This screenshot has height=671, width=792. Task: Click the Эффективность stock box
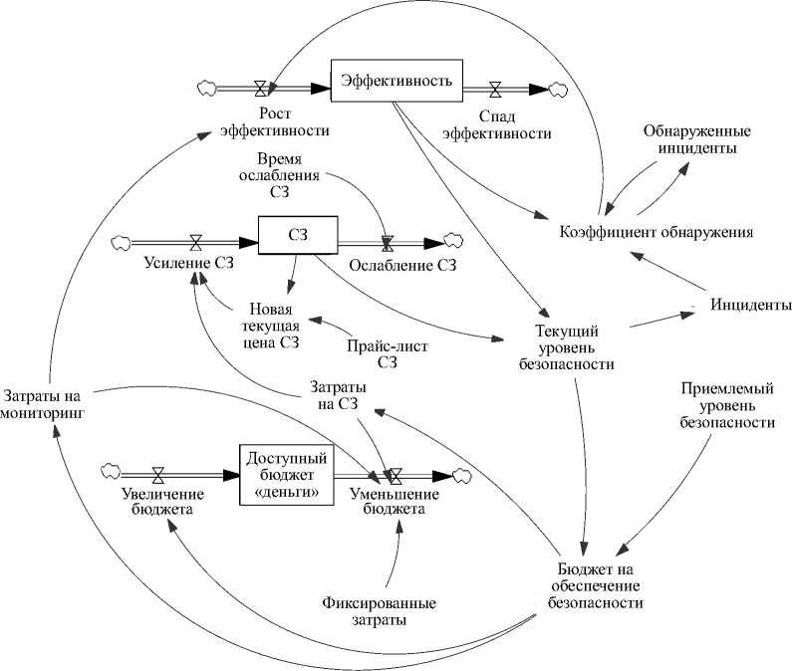click(396, 79)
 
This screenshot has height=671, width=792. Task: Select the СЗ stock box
click(298, 237)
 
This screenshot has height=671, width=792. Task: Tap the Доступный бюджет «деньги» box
click(285, 476)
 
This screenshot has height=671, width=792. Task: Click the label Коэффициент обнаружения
click(656, 232)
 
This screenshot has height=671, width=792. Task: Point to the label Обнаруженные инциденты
click(696, 139)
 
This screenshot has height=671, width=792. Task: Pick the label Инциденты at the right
click(751, 304)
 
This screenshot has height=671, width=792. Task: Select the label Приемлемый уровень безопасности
click(727, 404)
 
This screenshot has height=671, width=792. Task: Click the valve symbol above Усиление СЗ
click(196, 241)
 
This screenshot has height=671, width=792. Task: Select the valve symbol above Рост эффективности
click(261, 88)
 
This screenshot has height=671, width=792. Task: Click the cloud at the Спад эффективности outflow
click(557, 89)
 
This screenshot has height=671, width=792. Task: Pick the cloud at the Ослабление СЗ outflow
click(452, 240)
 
